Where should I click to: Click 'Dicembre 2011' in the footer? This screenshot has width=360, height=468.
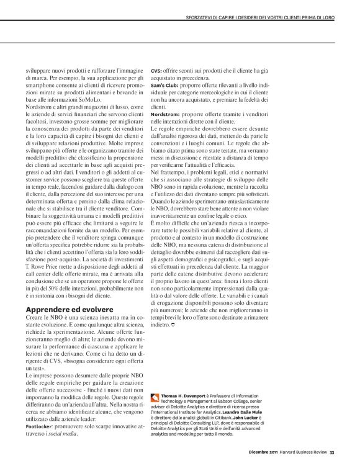(266, 461)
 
